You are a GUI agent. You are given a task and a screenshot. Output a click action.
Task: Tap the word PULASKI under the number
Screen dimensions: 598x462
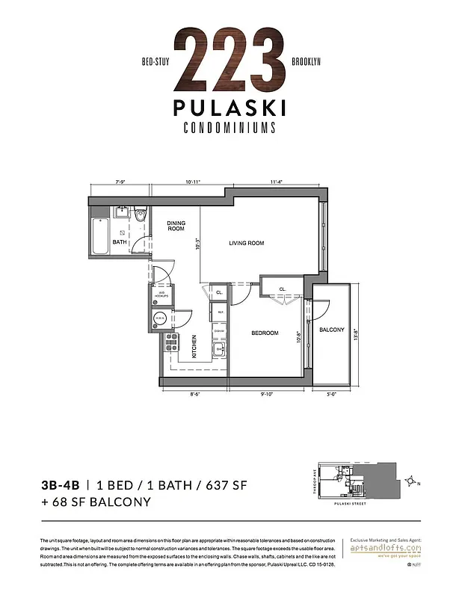click(230, 108)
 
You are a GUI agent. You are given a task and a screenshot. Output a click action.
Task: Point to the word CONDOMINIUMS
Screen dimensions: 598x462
click(230, 127)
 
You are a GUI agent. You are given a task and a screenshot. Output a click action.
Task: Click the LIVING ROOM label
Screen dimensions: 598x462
click(246, 243)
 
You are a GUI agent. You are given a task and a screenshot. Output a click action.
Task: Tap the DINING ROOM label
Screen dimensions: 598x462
click(176, 226)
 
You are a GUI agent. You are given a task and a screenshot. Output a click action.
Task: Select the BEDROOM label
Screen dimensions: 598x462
click(264, 333)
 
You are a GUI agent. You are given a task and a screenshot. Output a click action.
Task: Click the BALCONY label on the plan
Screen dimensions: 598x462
click(332, 330)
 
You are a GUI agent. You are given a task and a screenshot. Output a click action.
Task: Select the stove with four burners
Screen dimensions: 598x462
click(170, 342)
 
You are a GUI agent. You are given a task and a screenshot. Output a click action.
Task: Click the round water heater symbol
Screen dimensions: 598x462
click(159, 319)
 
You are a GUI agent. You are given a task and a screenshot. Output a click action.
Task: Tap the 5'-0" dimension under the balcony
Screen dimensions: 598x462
click(331, 395)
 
